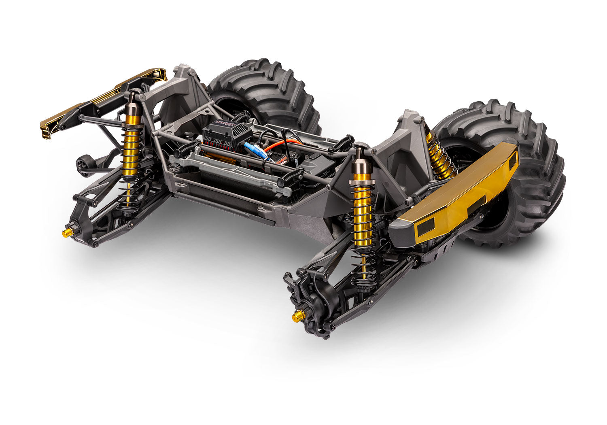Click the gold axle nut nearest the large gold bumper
point(299,315)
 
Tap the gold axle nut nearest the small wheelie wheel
point(66,232)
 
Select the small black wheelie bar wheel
point(83,165)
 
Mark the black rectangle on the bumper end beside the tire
point(513,161)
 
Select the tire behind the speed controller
point(263,93)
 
